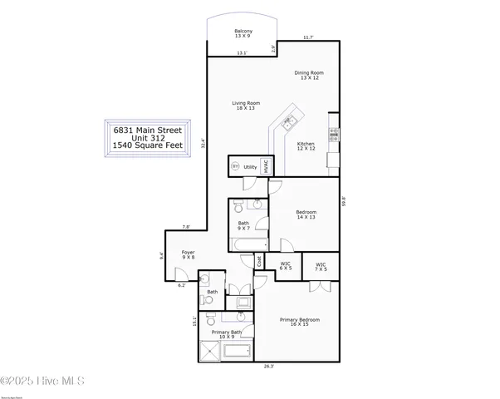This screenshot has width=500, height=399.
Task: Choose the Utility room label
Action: [x=252, y=166]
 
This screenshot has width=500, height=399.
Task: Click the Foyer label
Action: [x=189, y=254]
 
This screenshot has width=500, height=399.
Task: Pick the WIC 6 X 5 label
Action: [x=286, y=266]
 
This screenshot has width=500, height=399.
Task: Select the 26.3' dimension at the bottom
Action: [x=269, y=366]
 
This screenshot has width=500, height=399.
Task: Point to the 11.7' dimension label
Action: [x=308, y=37]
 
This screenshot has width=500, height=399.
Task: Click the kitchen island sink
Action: [x=289, y=123]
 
